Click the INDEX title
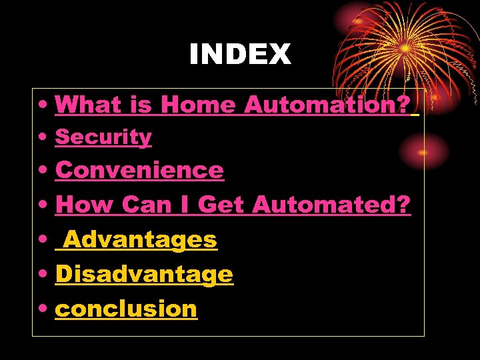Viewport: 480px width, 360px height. pos(240,55)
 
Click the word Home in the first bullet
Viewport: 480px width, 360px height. pos(198,105)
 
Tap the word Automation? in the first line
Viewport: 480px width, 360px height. pos(327,105)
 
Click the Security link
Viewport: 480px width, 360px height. pos(103,137)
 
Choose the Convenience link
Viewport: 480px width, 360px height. pos(139,170)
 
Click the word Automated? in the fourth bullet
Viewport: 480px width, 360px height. pos(332,205)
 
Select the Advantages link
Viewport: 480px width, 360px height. pos(140,239)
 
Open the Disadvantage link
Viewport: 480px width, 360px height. pos(144,274)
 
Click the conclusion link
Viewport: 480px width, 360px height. pos(126,309)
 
